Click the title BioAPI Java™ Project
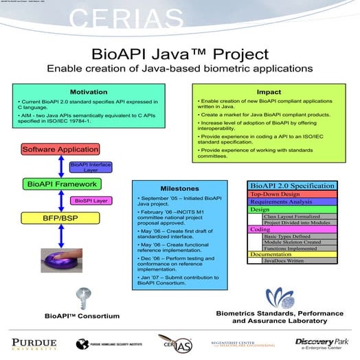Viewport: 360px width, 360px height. (179, 54)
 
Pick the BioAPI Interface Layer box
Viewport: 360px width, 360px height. (90, 167)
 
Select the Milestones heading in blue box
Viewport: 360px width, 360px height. (180, 188)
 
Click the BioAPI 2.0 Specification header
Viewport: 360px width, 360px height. (292, 185)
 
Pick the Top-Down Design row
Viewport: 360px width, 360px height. (292, 194)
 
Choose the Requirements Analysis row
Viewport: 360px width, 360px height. (292, 202)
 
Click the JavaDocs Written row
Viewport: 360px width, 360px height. (300, 261)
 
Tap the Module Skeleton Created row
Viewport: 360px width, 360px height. (300, 243)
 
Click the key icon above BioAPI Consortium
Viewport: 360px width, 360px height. (82, 299)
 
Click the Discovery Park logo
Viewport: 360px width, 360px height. (323, 342)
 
